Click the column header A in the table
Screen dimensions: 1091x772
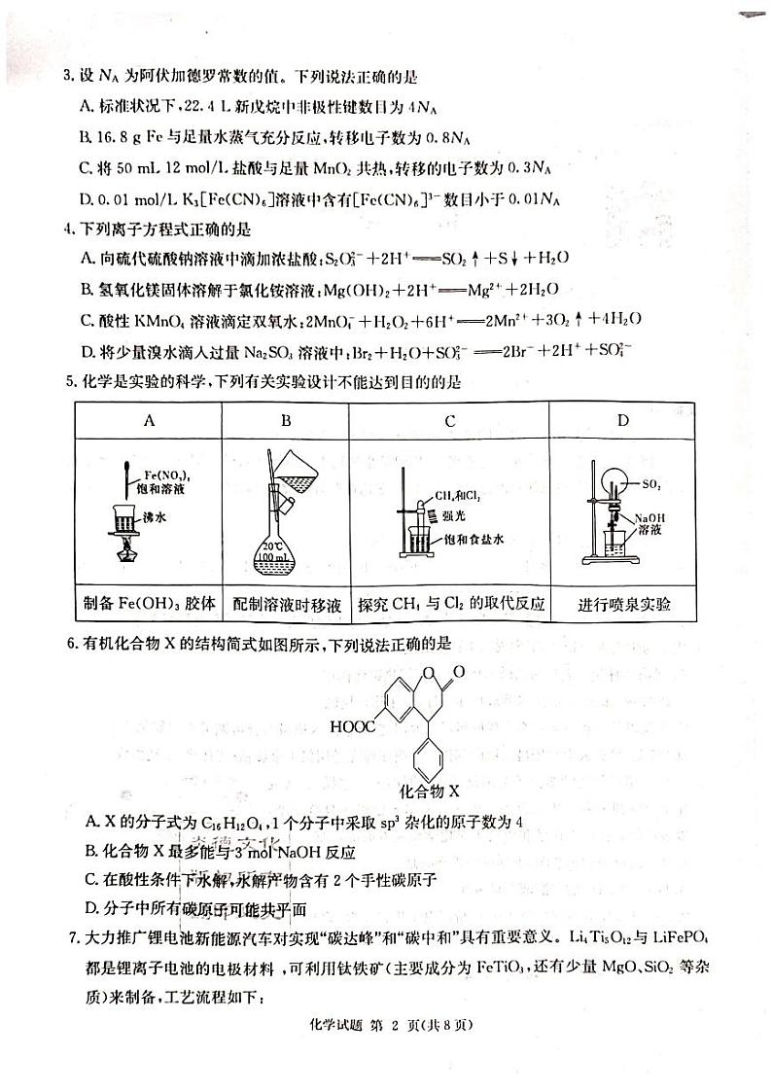[149, 420]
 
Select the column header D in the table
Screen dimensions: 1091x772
[623, 420]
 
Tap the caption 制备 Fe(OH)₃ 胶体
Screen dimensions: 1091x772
[149, 605]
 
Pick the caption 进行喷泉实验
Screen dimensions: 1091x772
[623, 605]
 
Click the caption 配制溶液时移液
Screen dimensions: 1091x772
[287, 605]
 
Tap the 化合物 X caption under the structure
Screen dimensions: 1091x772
[430, 792]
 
